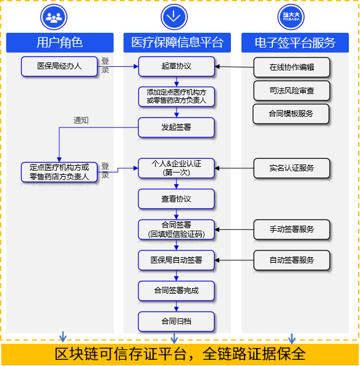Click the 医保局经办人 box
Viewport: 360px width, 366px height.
point(59,67)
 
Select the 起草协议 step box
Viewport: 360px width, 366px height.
point(176,67)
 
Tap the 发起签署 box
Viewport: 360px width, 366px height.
point(176,127)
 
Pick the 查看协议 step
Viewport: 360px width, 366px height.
point(176,199)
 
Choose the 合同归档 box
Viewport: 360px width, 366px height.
point(176,321)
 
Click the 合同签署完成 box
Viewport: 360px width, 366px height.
point(176,291)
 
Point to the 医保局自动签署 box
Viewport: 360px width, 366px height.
point(176,260)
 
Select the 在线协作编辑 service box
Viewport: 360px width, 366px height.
point(291,67)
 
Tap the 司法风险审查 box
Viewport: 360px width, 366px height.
point(291,90)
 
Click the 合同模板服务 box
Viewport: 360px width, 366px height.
point(291,114)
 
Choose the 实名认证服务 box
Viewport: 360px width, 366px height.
point(291,168)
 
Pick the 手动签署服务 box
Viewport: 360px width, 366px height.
point(291,229)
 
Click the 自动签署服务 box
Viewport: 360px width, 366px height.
point(291,260)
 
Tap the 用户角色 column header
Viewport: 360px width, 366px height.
point(60,43)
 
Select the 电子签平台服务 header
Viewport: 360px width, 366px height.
point(295,43)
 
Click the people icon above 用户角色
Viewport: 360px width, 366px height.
point(54,17)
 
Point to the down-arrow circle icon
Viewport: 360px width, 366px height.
point(174,17)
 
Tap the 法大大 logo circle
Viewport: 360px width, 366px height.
point(291,17)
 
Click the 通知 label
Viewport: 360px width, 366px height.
point(81,121)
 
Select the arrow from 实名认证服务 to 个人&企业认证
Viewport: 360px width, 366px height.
point(234,168)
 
